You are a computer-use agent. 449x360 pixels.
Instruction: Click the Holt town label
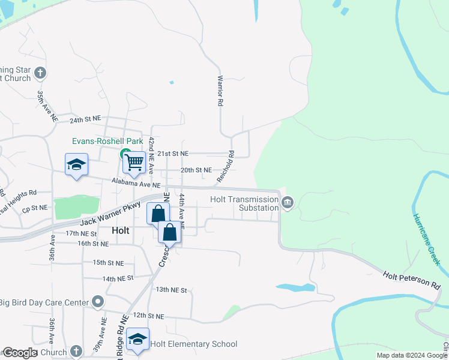[x=122, y=230]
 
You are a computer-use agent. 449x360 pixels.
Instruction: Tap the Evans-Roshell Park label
[x=107, y=142]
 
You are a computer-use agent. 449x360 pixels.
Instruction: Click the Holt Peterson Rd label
[x=412, y=281]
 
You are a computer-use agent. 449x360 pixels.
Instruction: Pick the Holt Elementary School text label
[x=193, y=344]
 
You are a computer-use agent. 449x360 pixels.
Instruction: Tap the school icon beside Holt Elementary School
[x=138, y=339]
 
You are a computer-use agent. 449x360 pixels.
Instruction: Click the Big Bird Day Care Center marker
[x=98, y=302]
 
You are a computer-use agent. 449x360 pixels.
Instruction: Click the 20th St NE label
[x=196, y=170]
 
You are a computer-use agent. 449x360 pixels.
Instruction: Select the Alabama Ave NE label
[x=136, y=184]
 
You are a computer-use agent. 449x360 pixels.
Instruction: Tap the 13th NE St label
[x=172, y=289]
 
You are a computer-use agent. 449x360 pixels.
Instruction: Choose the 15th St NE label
[x=108, y=263]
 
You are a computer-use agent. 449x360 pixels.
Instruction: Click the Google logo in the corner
[x=20, y=353]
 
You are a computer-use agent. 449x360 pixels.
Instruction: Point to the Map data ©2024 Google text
[x=412, y=355]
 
